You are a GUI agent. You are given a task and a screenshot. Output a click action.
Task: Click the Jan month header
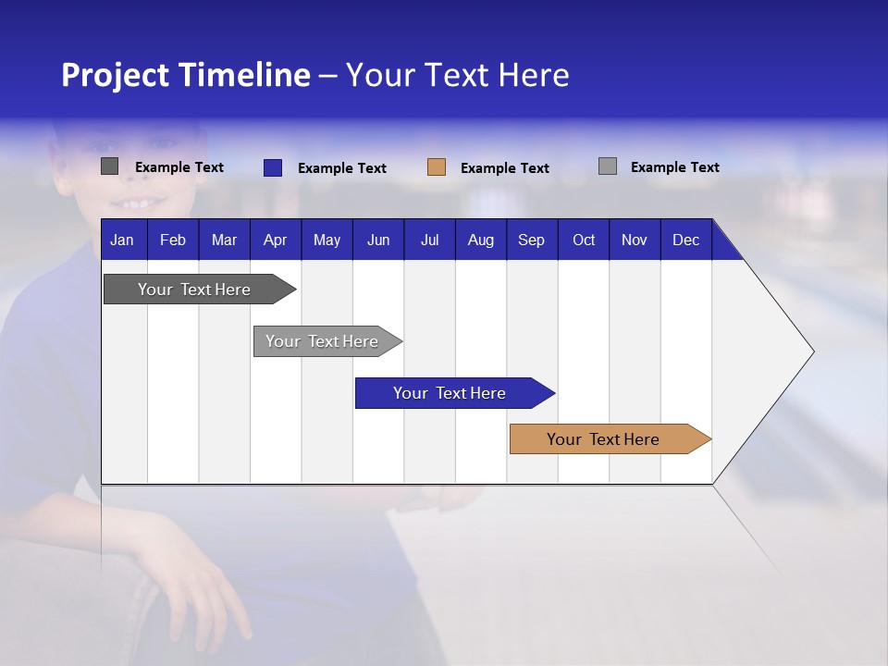pos(122,240)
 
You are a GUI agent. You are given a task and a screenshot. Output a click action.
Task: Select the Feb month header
pos(173,240)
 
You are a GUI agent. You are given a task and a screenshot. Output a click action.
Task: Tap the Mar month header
pos(224,240)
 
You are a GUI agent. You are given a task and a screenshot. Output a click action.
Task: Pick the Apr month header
pos(276,240)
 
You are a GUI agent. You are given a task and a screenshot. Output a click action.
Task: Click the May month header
pos(327,240)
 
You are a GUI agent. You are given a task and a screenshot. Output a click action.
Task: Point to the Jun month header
pos(378,240)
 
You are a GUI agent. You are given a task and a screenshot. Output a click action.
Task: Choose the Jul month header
pos(429,240)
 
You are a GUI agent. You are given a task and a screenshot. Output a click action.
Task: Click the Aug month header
pos(481,240)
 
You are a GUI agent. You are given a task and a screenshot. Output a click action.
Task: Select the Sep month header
pos(532,240)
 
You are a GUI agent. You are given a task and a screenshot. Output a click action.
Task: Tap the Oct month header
pos(584,240)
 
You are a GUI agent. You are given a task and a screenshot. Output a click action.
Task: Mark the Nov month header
pos(635,240)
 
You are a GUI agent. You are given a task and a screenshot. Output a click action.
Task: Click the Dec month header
pos(686,240)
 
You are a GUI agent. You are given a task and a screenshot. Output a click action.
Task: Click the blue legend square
pos(273,167)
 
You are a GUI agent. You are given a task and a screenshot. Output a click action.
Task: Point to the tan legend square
pos(437,167)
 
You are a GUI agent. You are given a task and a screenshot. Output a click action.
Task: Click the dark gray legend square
pos(110,166)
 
